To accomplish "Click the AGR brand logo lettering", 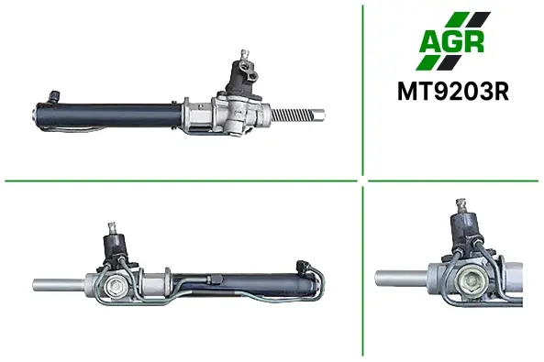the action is tap(451, 41).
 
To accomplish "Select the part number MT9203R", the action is tap(453, 92).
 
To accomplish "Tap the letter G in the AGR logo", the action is tap(451, 41).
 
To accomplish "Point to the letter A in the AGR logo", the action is tap(430, 42).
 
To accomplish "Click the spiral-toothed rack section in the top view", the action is tap(293, 115).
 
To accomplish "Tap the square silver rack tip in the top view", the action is tap(319, 115).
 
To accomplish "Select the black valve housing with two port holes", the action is tap(243, 77).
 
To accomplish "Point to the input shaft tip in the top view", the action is tap(245, 55).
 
